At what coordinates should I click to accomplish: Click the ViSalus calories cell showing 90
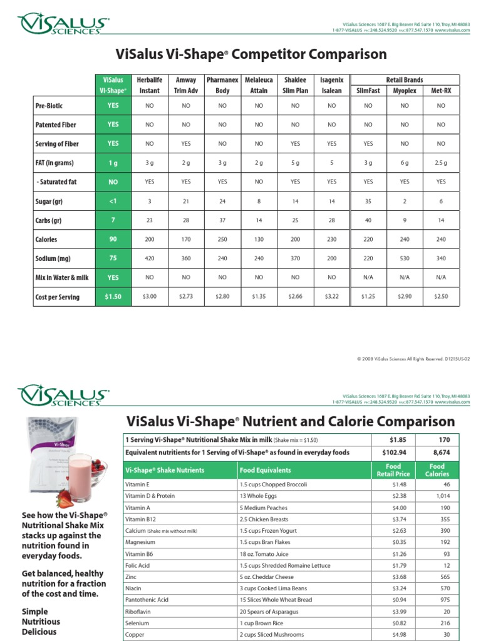(x=113, y=239)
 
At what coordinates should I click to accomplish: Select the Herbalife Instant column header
(x=149, y=85)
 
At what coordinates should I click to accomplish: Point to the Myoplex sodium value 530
(x=405, y=258)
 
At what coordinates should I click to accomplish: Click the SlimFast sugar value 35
(x=368, y=201)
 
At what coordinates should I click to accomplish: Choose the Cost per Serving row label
(x=57, y=297)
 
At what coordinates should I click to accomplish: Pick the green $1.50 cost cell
(x=113, y=296)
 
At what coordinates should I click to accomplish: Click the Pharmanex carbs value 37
(x=222, y=220)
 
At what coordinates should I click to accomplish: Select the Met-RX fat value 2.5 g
(x=441, y=163)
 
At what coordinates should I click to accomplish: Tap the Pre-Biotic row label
(x=49, y=106)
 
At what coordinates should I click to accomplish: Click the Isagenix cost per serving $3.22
(x=332, y=296)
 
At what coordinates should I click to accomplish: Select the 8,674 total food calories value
(x=437, y=452)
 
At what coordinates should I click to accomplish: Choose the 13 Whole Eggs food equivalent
(x=257, y=496)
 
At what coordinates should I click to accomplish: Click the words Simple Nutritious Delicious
(x=41, y=622)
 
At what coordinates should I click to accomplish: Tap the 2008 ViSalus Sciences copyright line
(x=413, y=359)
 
